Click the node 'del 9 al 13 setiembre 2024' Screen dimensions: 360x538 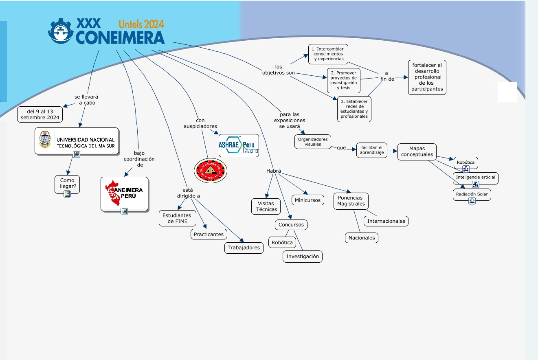click(40, 114)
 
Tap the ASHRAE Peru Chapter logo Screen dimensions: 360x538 click(239, 145)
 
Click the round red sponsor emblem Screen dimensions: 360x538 click(211, 171)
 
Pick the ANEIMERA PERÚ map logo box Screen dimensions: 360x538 click(124, 193)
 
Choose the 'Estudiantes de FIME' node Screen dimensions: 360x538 click(178, 218)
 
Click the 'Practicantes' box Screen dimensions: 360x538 click(209, 234)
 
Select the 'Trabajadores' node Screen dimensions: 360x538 click(244, 248)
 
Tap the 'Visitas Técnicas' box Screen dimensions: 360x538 click(266, 206)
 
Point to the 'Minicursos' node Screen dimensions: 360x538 click(308, 200)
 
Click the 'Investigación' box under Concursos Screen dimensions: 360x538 click(303, 257)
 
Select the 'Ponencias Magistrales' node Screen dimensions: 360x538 click(350, 201)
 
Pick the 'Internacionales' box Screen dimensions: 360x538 click(386, 221)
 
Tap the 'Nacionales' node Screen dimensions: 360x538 click(362, 238)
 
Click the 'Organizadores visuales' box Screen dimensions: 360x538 click(313, 142)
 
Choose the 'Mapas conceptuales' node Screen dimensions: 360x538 click(417, 151)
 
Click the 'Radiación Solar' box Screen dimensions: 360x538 click(472, 194)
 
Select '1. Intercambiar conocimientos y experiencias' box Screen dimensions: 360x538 click(328, 54)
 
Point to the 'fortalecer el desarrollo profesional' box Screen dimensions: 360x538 click(427, 77)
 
